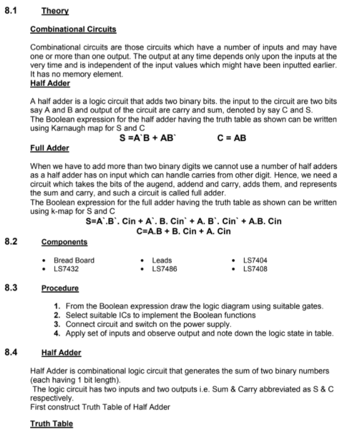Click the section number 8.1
click(11, 10)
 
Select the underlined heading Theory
click(55, 11)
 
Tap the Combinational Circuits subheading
click(73, 29)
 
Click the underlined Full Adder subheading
click(50, 147)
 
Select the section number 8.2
click(11, 242)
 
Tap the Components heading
click(65, 242)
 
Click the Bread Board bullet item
click(74, 260)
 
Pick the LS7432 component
click(67, 269)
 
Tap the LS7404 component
click(255, 260)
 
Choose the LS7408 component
click(255, 269)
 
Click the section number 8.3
click(11, 288)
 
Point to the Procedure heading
click(60, 289)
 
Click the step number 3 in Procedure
click(58, 324)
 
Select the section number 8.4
click(11, 352)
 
